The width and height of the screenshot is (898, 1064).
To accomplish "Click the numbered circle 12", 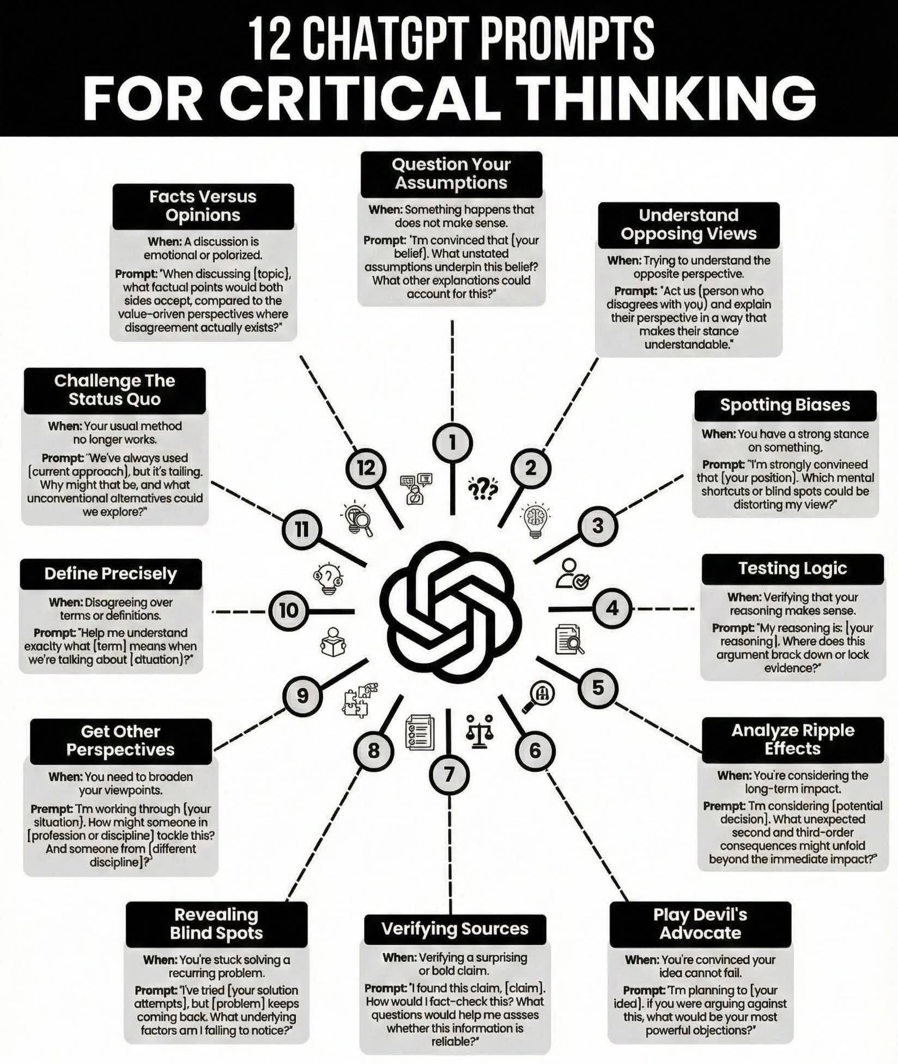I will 366,468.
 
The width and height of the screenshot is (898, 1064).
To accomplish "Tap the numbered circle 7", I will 449,775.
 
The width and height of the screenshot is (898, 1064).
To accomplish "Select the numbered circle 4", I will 612,608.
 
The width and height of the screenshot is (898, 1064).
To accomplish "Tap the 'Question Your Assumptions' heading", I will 451,174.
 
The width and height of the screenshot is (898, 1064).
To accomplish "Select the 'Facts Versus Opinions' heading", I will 203,206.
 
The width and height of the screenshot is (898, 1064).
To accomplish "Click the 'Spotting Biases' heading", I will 785,405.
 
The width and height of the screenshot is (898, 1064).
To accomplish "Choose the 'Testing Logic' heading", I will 792,569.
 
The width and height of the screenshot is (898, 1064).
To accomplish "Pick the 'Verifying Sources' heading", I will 455,929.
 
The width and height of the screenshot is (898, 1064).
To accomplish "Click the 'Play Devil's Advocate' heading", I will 700,924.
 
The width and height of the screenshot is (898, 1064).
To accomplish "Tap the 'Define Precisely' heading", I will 111,573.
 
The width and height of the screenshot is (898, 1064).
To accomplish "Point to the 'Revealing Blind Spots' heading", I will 216,924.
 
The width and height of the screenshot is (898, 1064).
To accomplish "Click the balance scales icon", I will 480,731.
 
